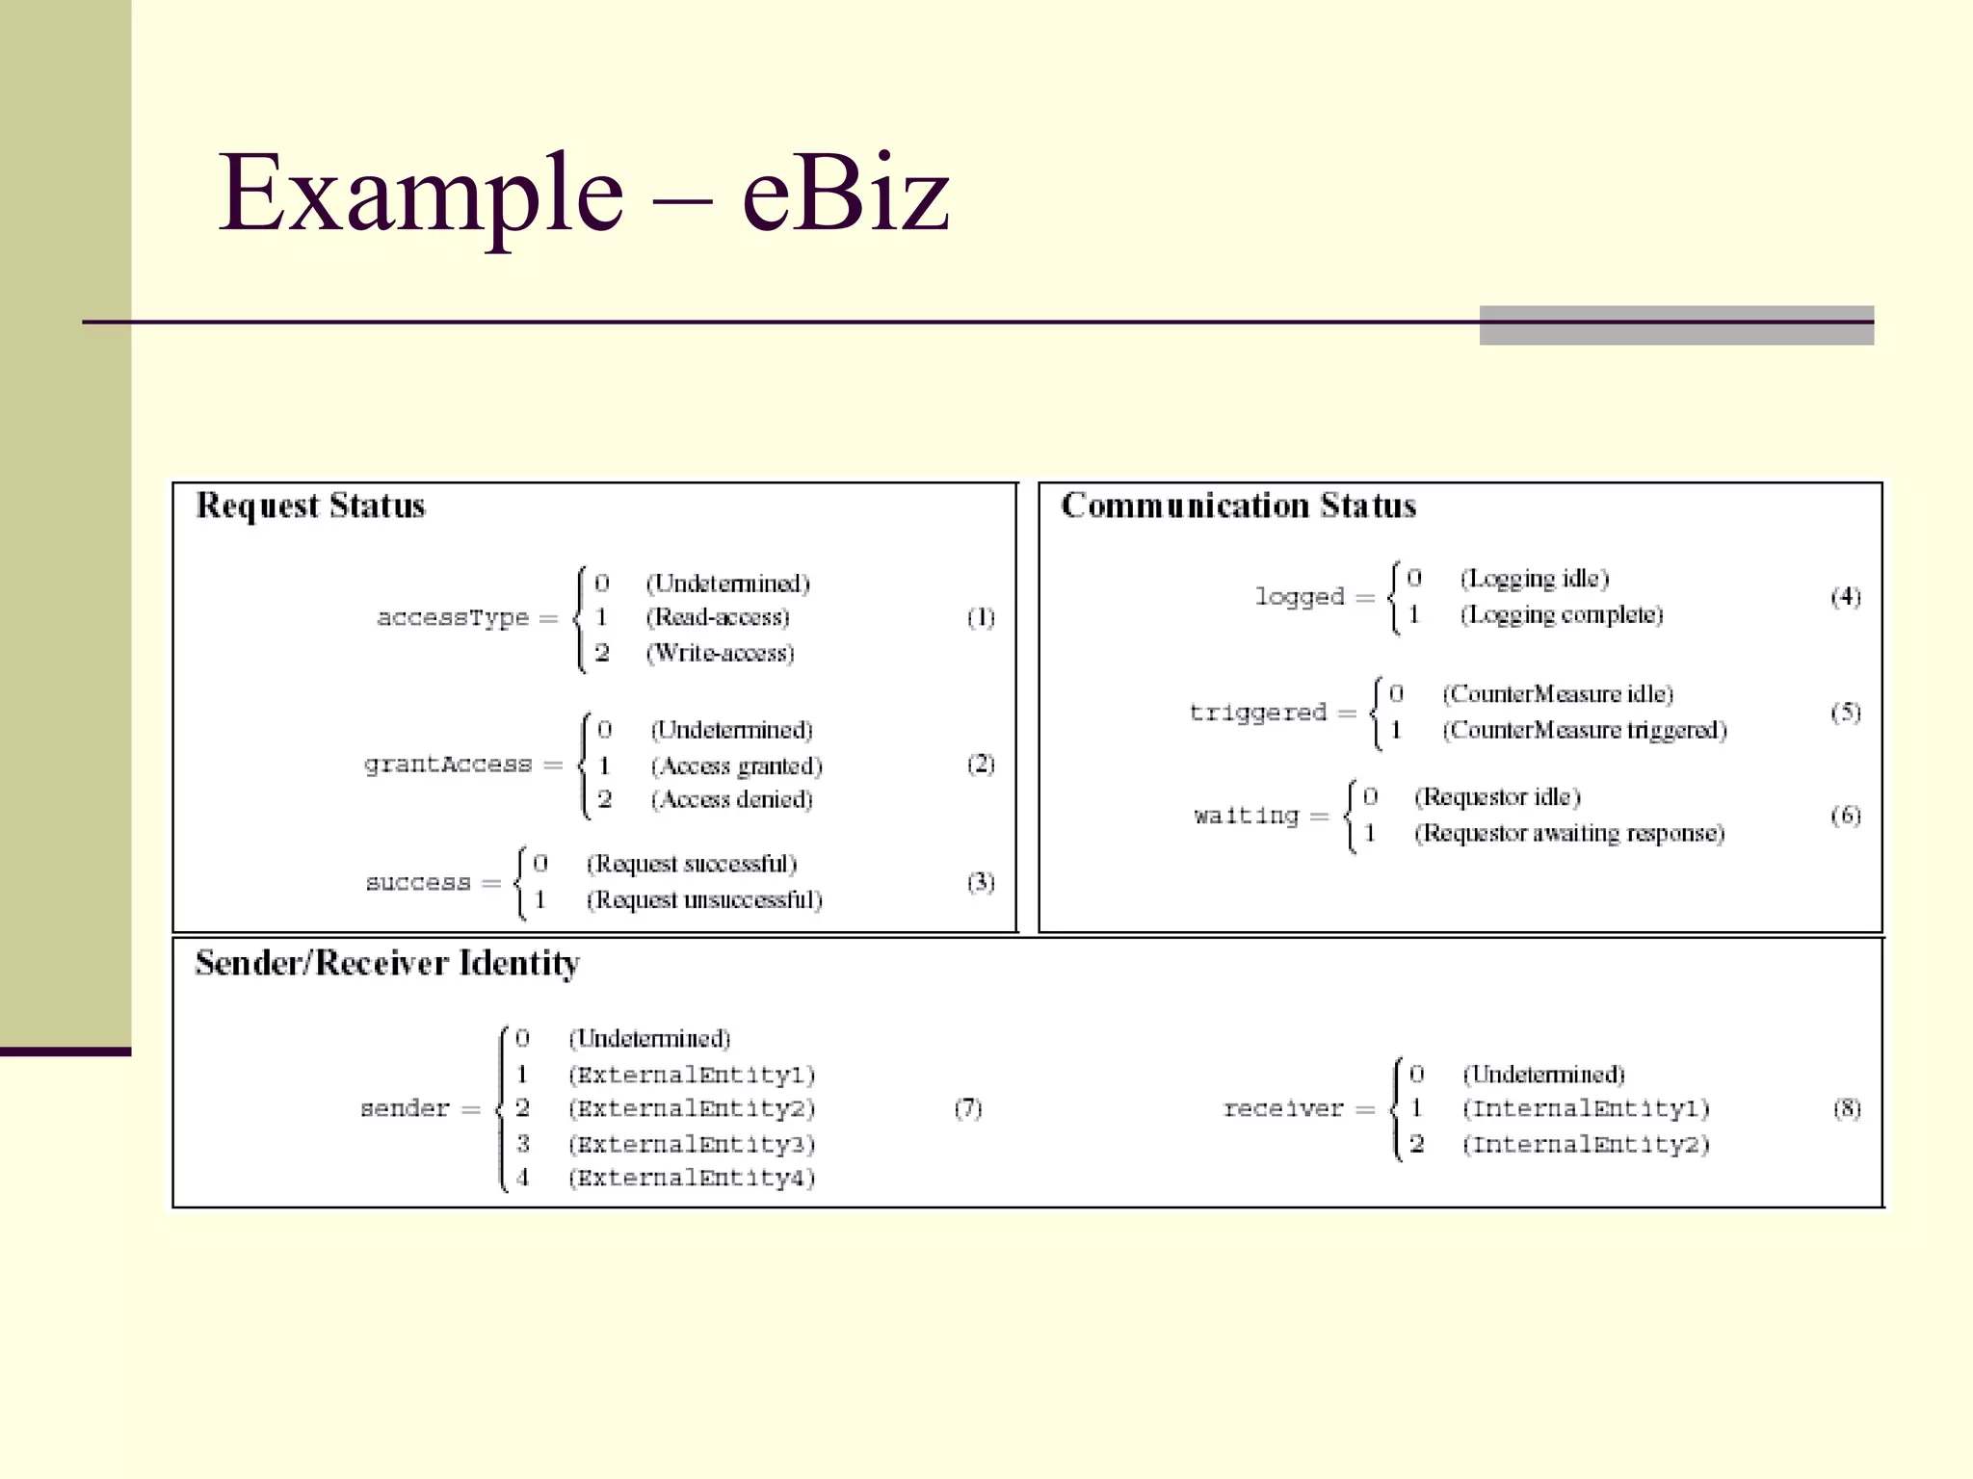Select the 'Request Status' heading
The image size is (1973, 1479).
(310, 506)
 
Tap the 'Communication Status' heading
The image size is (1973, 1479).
(1238, 506)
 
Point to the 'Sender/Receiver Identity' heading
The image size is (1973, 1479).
(387, 963)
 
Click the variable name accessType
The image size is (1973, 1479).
(453, 618)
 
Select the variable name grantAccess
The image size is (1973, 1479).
(448, 765)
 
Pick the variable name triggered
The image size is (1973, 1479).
(1258, 713)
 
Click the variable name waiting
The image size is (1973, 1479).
(1247, 817)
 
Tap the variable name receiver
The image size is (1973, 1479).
(1283, 1109)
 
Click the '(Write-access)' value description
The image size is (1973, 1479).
(721, 653)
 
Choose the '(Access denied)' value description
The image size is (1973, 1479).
(732, 799)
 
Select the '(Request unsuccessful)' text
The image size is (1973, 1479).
(704, 899)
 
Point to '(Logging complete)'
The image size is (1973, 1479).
(1562, 614)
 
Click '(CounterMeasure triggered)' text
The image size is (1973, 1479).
(1585, 730)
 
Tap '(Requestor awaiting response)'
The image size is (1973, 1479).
(1569, 833)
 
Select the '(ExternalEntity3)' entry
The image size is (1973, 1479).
(692, 1144)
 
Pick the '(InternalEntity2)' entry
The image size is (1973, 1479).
(1586, 1144)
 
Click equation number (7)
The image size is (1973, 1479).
(968, 1108)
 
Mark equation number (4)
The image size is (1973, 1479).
(1846, 597)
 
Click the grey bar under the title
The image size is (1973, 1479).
(1676, 325)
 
